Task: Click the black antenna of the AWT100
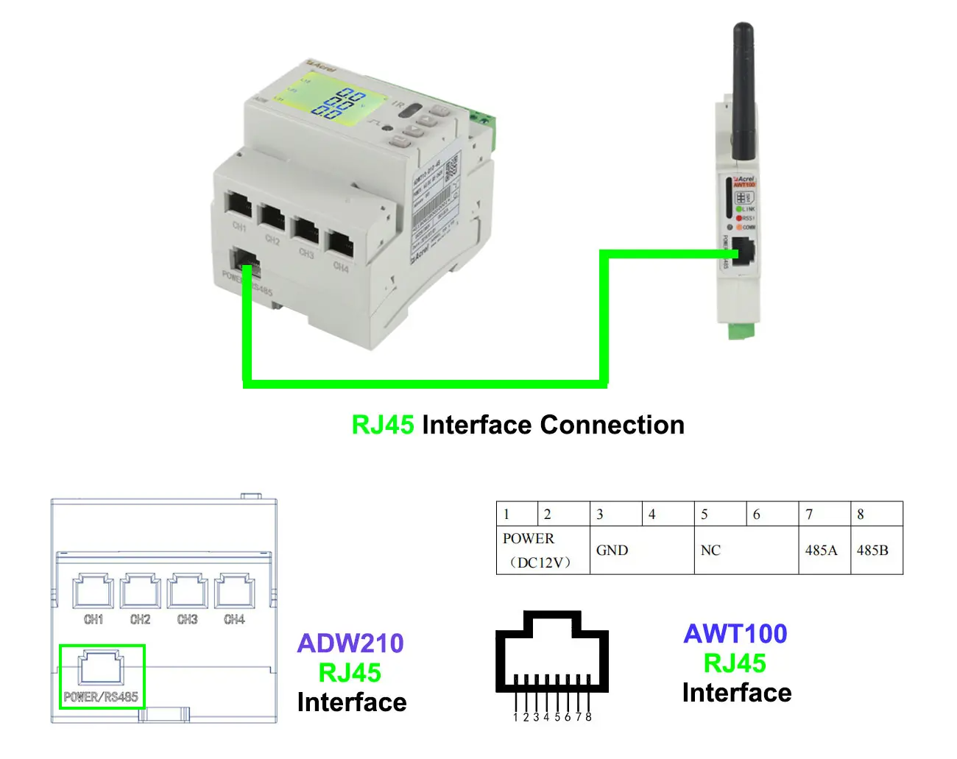[x=743, y=88]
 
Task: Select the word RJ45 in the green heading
[x=382, y=425]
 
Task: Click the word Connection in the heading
[x=612, y=425]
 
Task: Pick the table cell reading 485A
[x=821, y=550]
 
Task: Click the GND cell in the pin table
[x=612, y=550]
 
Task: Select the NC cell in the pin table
[x=710, y=550]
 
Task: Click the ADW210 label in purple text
[x=350, y=643]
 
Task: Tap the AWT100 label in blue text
[x=735, y=634]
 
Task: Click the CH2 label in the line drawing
[x=140, y=620]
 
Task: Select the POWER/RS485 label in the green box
[x=101, y=696]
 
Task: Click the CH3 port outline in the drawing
[x=187, y=592]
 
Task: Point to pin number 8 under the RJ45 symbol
[x=588, y=716]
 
